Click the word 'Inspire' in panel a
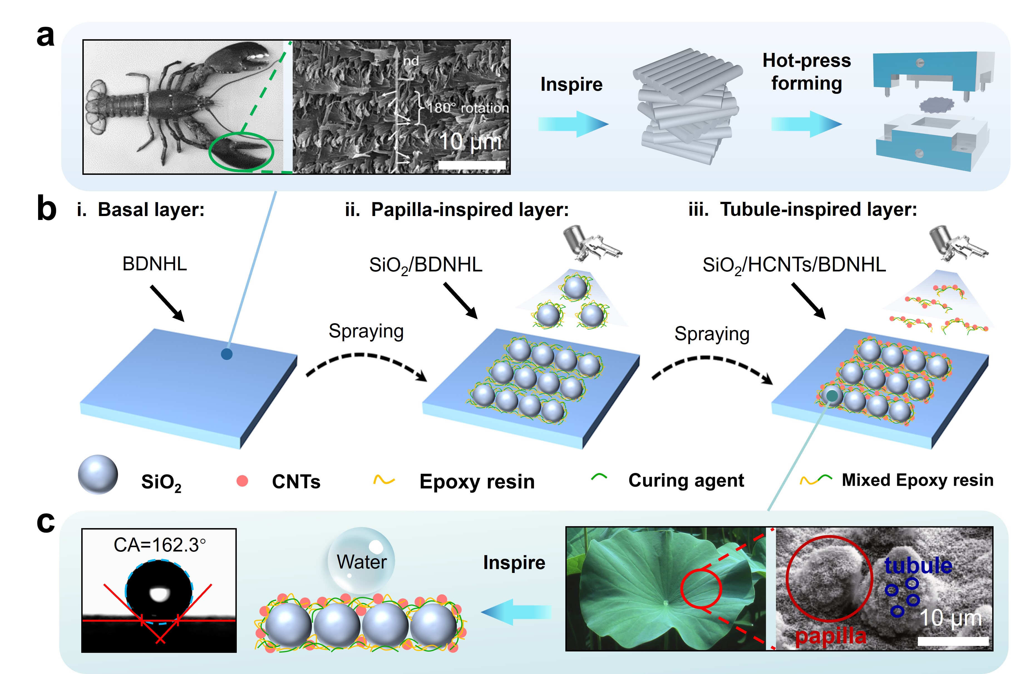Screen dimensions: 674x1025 (x=571, y=84)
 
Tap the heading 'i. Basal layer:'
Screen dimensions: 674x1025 (x=141, y=210)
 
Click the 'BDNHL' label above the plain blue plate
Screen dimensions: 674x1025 (x=155, y=264)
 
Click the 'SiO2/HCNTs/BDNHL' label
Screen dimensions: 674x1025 (x=794, y=264)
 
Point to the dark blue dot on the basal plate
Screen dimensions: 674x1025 (x=226, y=354)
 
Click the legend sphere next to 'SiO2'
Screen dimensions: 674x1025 (x=98, y=474)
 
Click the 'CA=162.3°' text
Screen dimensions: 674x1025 (x=159, y=545)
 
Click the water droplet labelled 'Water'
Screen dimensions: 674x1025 (x=361, y=560)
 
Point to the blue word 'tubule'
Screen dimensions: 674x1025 (x=918, y=565)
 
